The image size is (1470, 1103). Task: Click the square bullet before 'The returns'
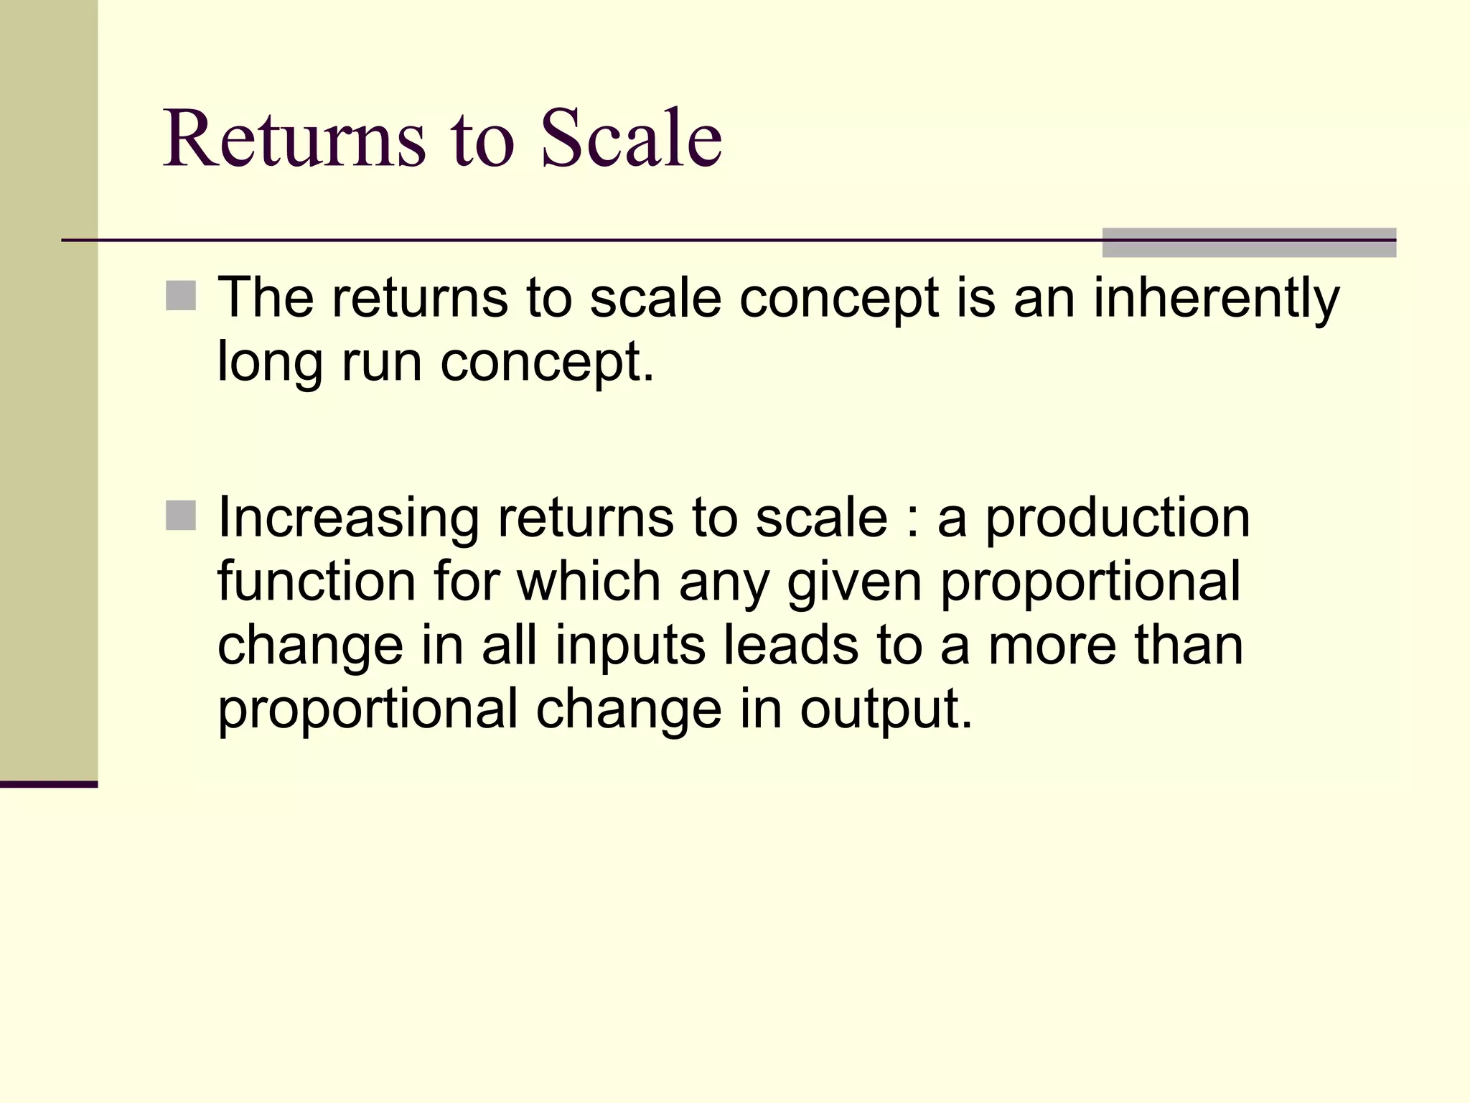coord(181,296)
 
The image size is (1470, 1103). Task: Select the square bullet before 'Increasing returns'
coord(181,516)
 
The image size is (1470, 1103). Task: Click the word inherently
coord(1216,298)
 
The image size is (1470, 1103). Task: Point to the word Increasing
coord(349,518)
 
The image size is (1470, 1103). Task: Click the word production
coord(1118,518)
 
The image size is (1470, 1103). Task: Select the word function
coord(317,581)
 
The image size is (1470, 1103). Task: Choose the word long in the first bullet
coord(270,363)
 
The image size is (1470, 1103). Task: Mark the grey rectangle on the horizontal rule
coord(1248,243)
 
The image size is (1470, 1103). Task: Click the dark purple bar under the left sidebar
coord(48,784)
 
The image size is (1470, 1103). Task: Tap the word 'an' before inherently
coord(1044,298)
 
